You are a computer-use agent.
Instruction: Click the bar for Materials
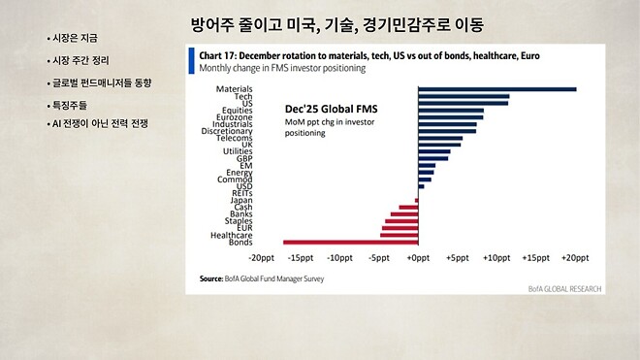tap(496, 90)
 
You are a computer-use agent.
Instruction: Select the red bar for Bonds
tap(350, 242)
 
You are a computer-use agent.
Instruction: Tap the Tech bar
tap(464, 97)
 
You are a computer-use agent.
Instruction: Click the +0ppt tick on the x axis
tap(418, 258)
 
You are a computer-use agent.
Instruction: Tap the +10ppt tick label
tap(497, 258)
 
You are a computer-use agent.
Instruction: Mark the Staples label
tap(239, 220)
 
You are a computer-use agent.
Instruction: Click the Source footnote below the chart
tap(262, 279)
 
